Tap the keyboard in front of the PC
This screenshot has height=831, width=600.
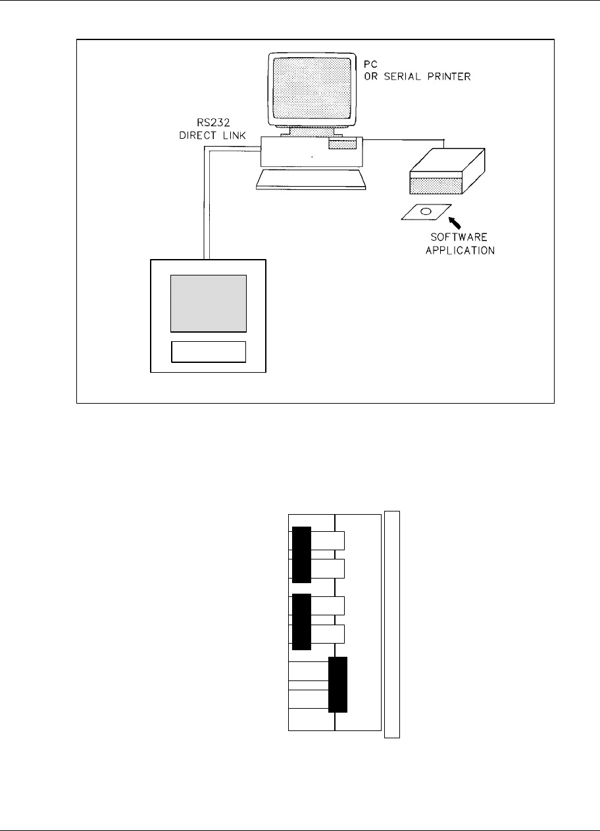311,179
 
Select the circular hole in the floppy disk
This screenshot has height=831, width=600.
426,212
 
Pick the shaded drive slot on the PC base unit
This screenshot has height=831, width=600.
343,144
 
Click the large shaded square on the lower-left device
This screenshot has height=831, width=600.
209,302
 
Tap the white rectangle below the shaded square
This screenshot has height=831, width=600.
209,352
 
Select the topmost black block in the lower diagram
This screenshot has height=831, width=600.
301,554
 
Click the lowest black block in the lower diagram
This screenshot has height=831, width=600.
337,684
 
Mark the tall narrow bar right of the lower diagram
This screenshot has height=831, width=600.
392,624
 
